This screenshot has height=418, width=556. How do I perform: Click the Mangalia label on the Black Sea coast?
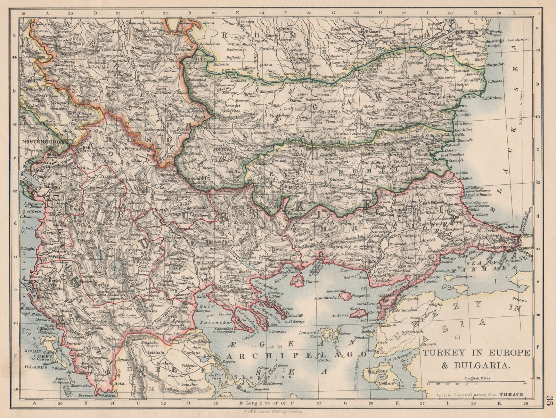(495, 64)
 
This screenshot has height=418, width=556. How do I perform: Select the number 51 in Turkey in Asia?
(457, 337)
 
